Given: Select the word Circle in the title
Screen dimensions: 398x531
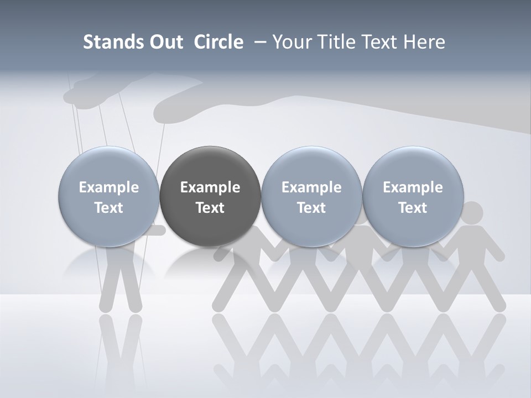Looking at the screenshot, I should [218, 42].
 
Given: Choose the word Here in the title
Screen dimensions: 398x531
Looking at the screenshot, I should [425, 42].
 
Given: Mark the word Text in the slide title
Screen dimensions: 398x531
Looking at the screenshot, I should [379, 42].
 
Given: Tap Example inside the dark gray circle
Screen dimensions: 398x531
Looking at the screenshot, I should [210, 187].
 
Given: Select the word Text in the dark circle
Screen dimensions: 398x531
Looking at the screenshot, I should [210, 208].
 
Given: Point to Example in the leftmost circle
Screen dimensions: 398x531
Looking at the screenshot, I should [108, 187].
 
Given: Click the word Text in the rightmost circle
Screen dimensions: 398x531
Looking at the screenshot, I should [413, 208].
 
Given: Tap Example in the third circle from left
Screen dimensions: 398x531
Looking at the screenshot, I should [311, 187].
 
